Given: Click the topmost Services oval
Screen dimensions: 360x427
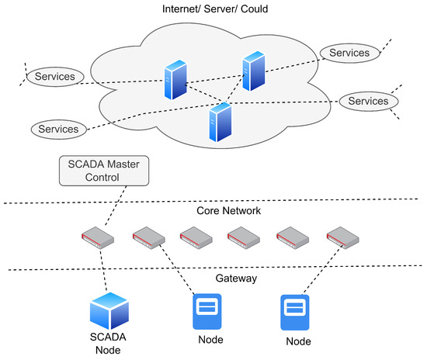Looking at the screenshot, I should tap(349, 52).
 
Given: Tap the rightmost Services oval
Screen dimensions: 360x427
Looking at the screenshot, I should tap(368, 102).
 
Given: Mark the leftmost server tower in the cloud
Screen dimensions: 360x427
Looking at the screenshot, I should tap(174, 80).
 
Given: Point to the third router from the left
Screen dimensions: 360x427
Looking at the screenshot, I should tap(195, 236).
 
